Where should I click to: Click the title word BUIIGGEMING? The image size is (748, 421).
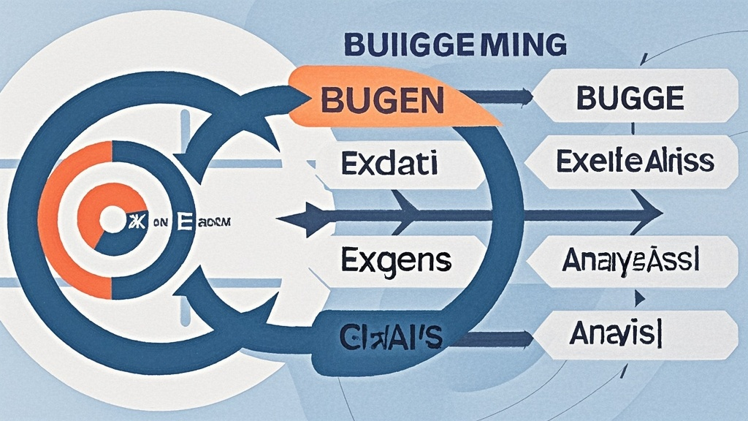[x=454, y=44]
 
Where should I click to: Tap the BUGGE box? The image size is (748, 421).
[x=629, y=98]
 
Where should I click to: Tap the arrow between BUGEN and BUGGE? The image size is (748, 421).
[x=497, y=96]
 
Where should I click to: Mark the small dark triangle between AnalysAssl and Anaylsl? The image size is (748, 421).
[x=640, y=297]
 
